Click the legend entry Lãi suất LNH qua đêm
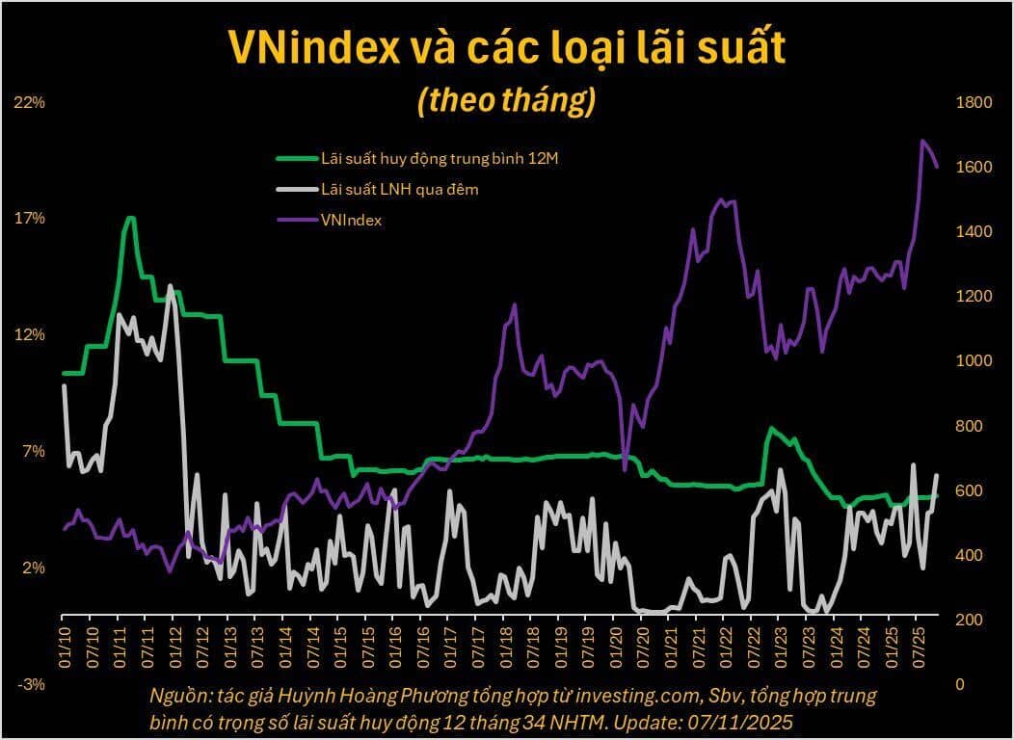pos(399,189)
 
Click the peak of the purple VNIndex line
pos(922,141)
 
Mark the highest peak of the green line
pos(130,218)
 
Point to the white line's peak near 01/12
pos(171,285)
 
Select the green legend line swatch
pos(296,158)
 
